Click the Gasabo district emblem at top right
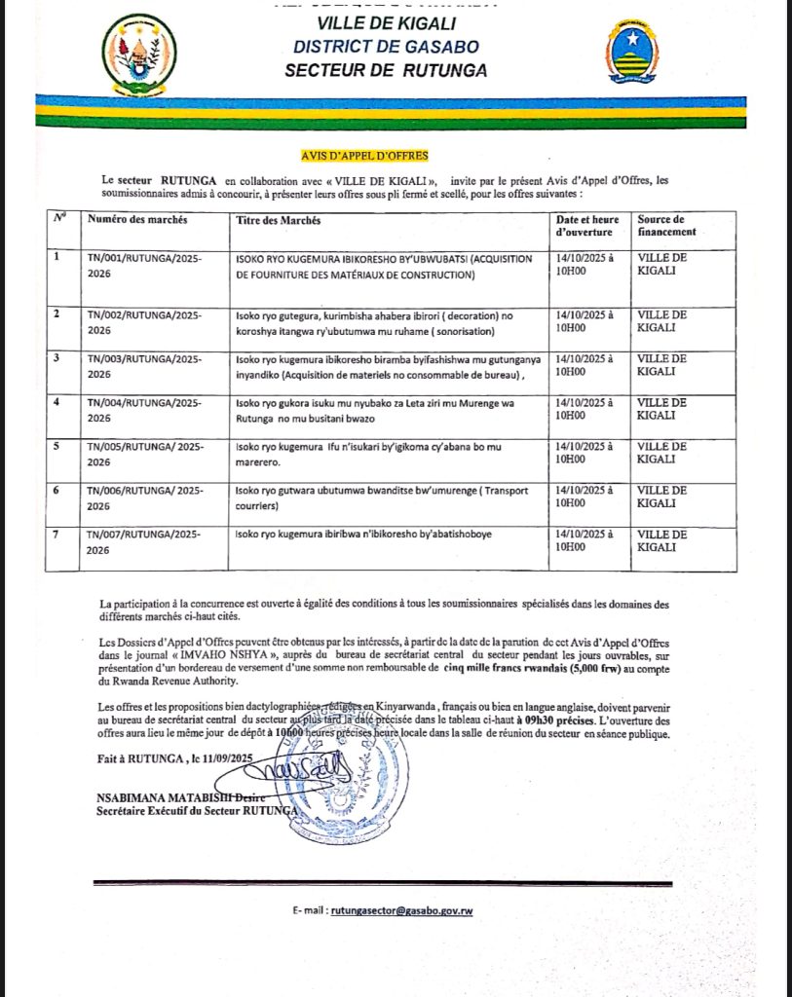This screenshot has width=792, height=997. click(x=630, y=54)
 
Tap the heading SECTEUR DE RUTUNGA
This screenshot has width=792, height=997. click(x=386, y=70)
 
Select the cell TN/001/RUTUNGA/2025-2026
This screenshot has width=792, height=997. click(x=144, y=267)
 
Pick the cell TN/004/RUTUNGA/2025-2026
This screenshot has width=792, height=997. click(x=144, y=408)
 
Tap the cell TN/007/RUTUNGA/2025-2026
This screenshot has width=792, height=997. click(x=144, y=541)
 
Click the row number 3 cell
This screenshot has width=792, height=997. click(x=57, y=358)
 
